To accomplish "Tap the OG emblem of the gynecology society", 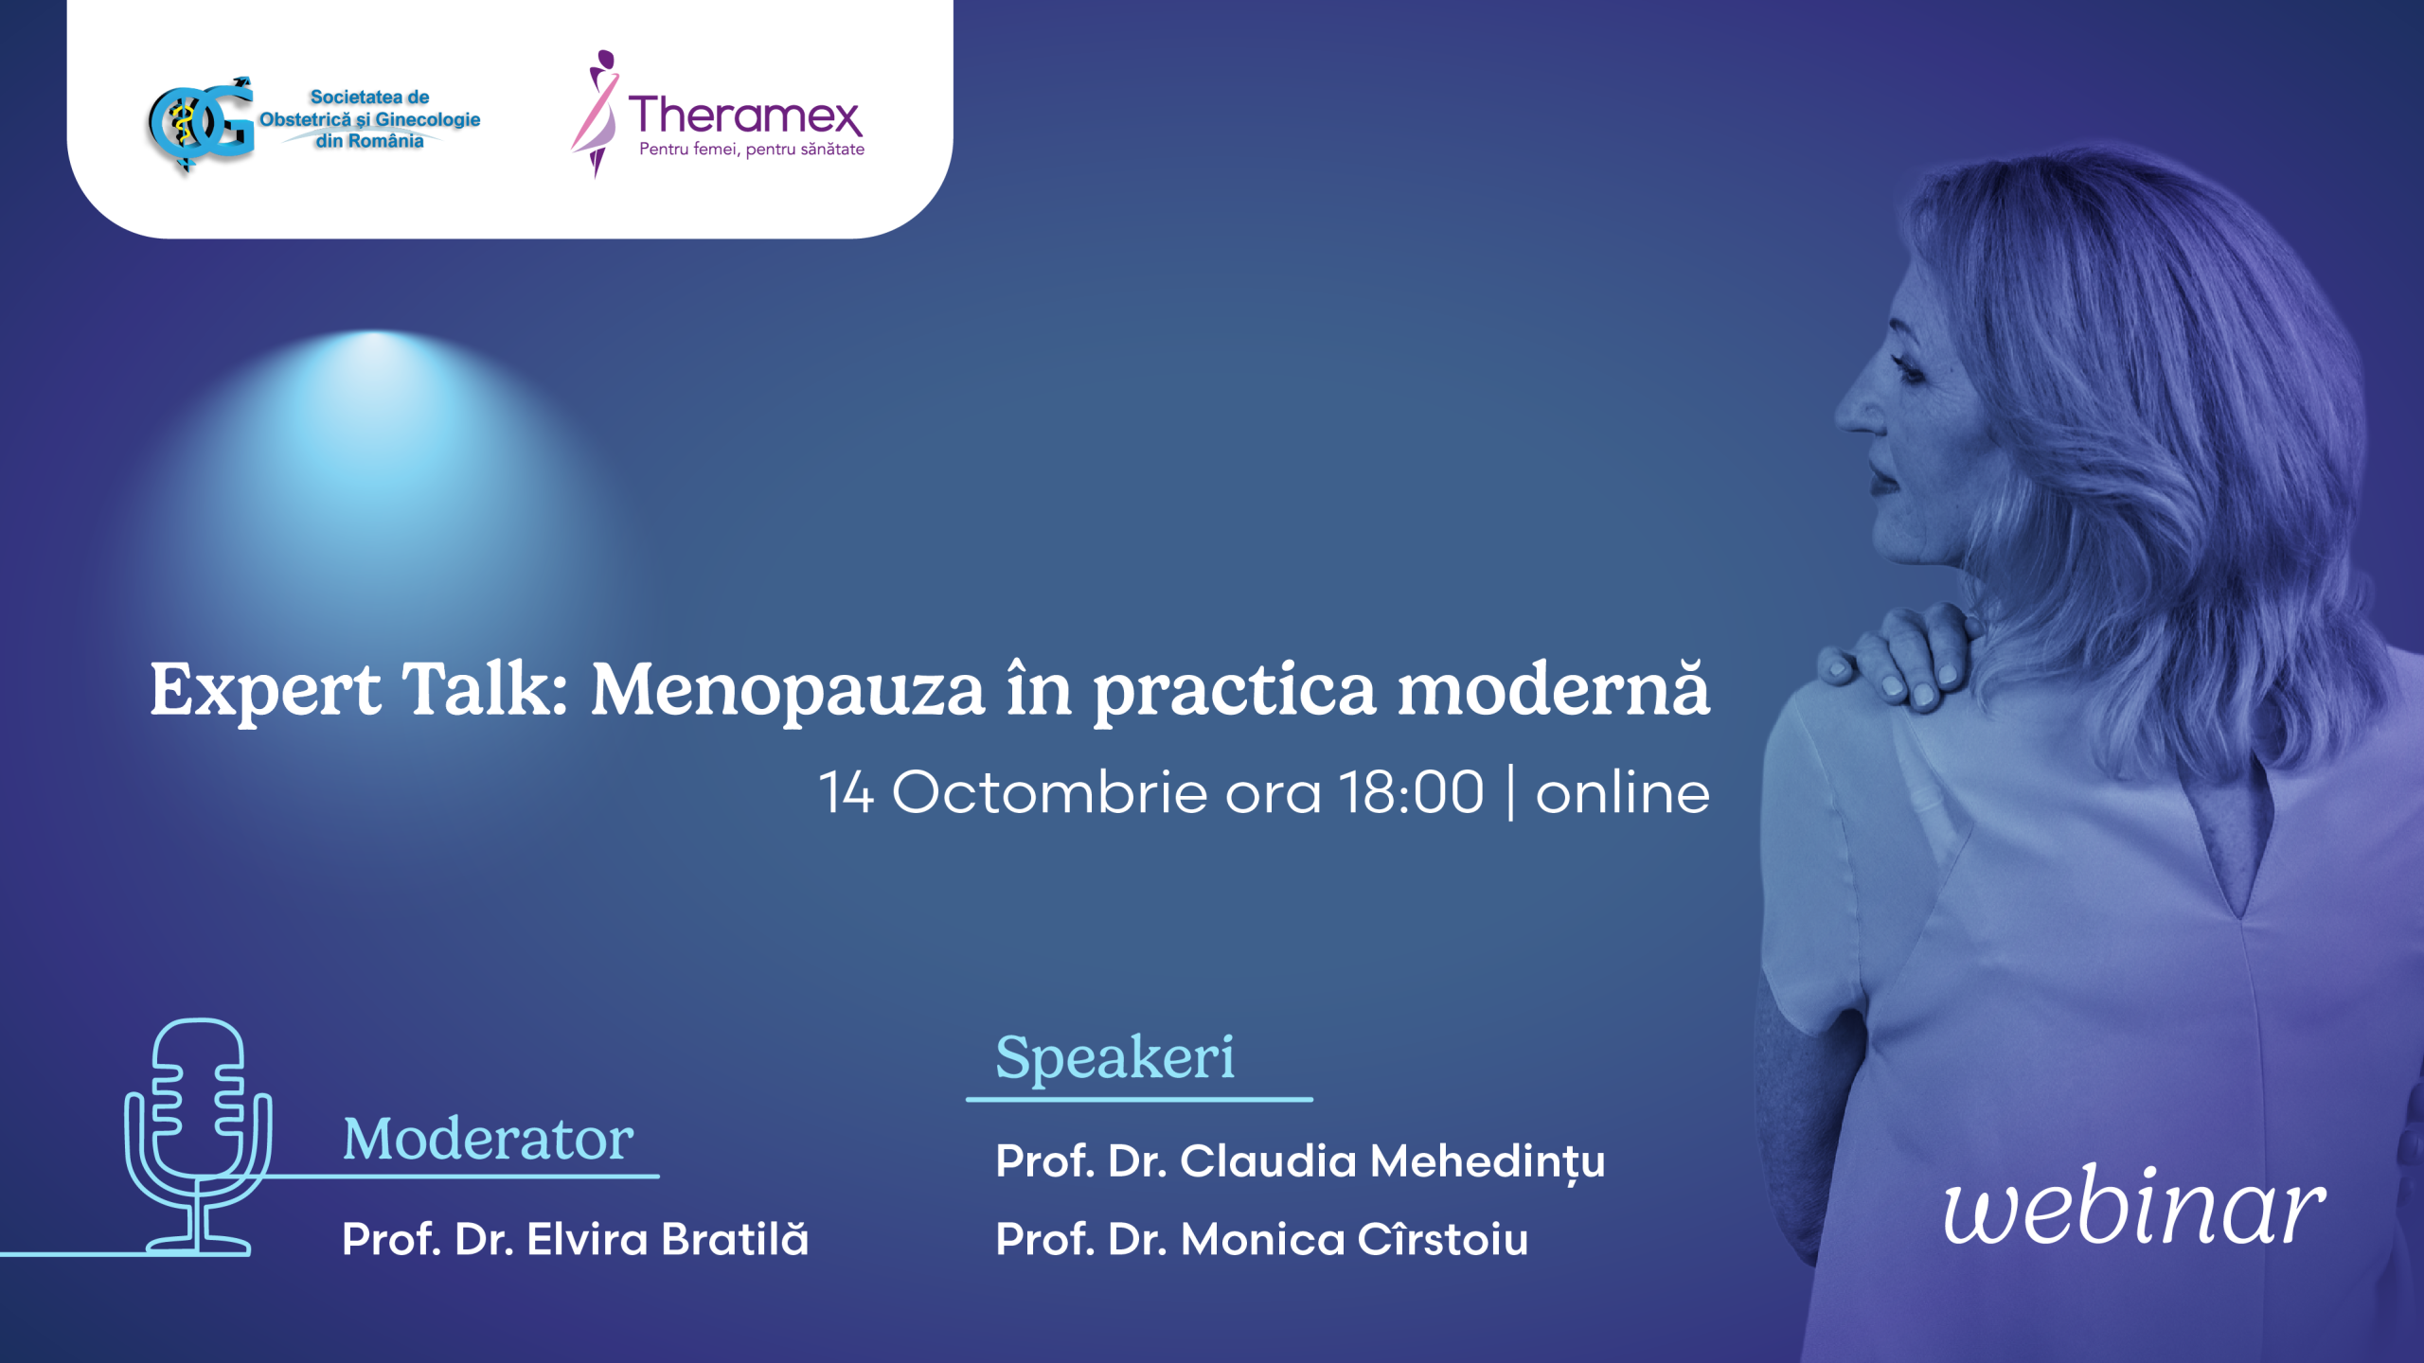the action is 201,124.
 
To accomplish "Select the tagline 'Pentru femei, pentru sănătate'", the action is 752,150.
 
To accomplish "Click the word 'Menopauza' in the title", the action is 788,692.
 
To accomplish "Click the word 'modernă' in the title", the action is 1554,688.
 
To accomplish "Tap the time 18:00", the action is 1412,792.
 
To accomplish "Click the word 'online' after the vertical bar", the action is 1623,792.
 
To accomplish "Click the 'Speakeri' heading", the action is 1114,1057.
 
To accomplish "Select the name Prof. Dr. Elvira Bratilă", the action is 575,1239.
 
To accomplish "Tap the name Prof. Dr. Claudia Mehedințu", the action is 1300,1162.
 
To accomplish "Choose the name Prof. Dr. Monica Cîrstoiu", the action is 1261,1239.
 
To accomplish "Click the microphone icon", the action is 199,1136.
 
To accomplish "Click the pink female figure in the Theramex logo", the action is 597,114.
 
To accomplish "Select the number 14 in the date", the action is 846,792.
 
